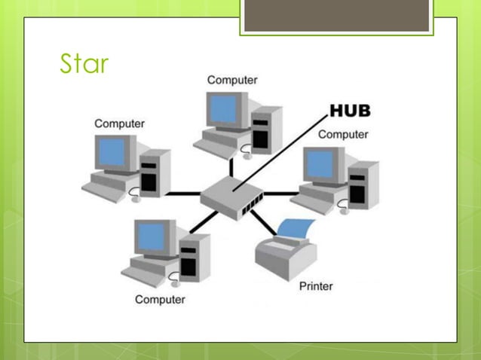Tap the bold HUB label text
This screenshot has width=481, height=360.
(350, 112)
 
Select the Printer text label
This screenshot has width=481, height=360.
(316, 286)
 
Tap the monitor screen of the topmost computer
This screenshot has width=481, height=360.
(225, 109)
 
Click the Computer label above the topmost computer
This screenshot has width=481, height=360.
(232, 80)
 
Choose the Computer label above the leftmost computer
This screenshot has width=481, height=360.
(120, 123)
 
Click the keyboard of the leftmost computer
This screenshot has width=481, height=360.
(106, 188)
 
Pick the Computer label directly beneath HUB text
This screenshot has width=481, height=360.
(343, 135)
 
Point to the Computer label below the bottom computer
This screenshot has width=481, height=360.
(160, 300)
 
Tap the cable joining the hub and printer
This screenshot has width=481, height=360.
(263, 221)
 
